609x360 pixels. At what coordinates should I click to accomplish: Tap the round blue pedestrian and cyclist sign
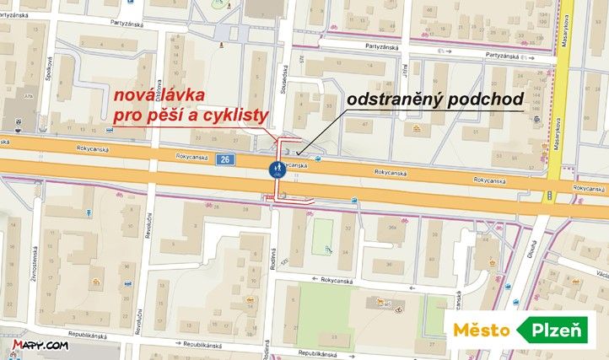coord(276,169)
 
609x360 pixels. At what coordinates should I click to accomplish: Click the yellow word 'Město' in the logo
coord(482,330)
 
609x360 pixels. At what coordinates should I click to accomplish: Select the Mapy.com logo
coord(40,346)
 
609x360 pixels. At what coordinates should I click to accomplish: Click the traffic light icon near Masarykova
coord(549,196)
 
